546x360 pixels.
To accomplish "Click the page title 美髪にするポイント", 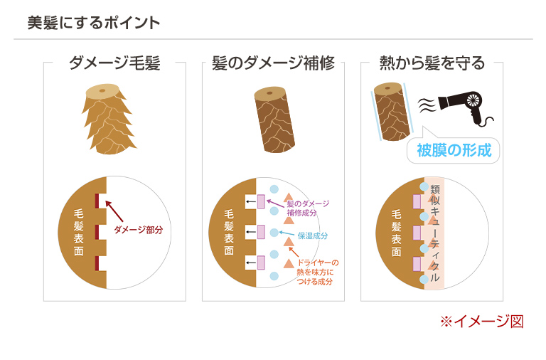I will point(93,23).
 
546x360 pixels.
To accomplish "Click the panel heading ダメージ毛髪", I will point(114,63).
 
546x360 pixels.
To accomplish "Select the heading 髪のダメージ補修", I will point(273,63).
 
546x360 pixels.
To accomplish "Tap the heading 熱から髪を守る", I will point(432,63).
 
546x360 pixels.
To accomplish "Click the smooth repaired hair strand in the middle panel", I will point(274,122).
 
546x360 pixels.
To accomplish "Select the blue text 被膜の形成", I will point(454,151).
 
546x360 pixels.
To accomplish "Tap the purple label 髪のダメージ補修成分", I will point(307,208).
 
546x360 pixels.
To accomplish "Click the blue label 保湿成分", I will point(312,235).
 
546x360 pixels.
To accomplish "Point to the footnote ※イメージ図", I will point(481,321).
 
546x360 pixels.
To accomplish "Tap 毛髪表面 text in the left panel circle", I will point(79,231).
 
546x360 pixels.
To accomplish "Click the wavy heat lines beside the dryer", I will point(426,105).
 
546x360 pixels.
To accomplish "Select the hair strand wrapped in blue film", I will point(391,112).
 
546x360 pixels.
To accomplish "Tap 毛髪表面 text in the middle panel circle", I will point(228,232).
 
